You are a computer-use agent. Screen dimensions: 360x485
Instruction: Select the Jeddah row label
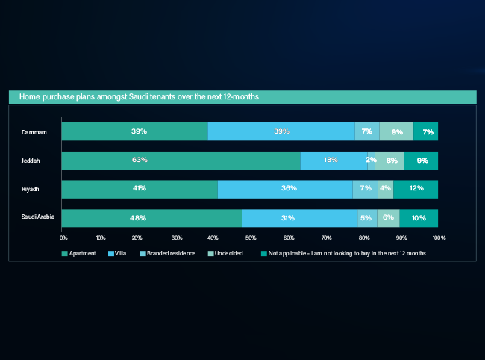tap(30, 161)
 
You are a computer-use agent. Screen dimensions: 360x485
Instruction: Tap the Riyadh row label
tap(30, 189)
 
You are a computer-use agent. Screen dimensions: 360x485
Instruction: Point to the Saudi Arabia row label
tap(37, 218)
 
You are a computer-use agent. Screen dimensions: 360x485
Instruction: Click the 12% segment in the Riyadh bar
tap(416, 189)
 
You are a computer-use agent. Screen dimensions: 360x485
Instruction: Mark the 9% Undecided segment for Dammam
tap(396, 131)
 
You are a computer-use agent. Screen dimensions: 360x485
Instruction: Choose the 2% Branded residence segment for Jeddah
tap(371, 161)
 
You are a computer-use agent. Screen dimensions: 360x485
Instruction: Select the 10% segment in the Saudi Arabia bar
tap(419, 218)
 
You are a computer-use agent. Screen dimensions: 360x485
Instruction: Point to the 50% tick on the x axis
tap(251, 238)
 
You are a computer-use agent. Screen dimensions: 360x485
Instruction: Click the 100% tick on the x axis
tap(439, 238)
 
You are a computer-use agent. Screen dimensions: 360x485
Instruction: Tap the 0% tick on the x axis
tap(63, 238)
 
